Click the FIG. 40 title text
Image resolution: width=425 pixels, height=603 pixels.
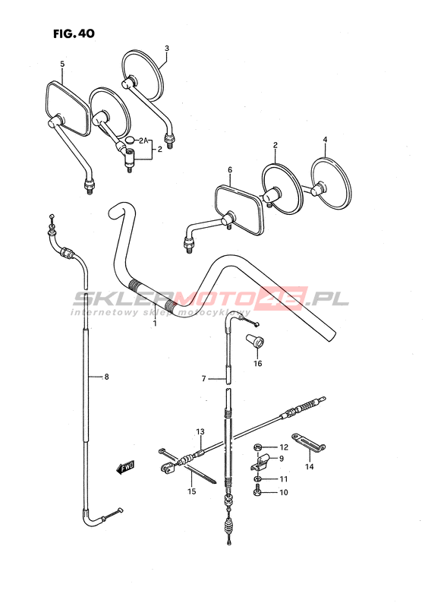pyautogui.click(x=74, y=34)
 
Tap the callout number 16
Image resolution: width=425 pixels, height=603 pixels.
pyautogui.click(x=257, y=363)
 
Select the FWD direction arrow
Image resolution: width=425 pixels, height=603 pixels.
pyautogui.click(x=126, y=468)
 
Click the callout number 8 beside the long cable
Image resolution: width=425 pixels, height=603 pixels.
pyautogui.click(x=106, y=377)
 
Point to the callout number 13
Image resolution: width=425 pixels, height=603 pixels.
pyautogui.click(x=200, y=431)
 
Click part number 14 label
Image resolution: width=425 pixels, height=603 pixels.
pyautogui.click(x=310, y=466)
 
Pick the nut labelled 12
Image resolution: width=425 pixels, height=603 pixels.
pyautogui.click(x=258, y=447)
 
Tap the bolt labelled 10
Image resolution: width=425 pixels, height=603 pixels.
pyautogui.click(x=258, y=492)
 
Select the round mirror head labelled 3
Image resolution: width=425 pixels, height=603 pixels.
pyautogui.click(x=142, y=75)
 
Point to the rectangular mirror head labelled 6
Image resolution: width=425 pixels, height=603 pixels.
pyautogui.click(x=239, y=210)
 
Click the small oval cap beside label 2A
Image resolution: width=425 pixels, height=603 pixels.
pyautogui.click(x=131, y=140)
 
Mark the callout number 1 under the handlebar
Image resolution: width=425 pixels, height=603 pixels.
pyautogui.click(x=155, y=324)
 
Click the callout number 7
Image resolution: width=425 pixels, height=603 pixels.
pyautogui.click(x=203, y=379)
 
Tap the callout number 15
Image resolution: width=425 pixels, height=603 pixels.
pyautogui.click(x=192, y=491)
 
